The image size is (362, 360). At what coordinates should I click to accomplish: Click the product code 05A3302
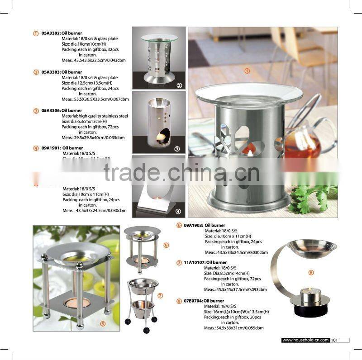(51, 33)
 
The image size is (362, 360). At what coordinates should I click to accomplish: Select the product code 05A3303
(51, 72)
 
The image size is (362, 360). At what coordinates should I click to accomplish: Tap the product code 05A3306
(51, 110)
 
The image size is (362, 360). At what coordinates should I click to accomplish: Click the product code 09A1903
(194, 225)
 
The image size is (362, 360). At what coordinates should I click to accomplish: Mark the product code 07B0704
(194, 301)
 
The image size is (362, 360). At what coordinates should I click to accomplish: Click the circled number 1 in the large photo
(247, 71)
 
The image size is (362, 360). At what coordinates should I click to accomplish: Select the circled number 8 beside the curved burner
(311, 272)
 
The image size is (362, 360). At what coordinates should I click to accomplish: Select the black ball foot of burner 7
(146, 331)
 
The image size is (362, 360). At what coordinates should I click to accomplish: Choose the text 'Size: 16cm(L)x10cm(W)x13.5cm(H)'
(236, 312)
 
